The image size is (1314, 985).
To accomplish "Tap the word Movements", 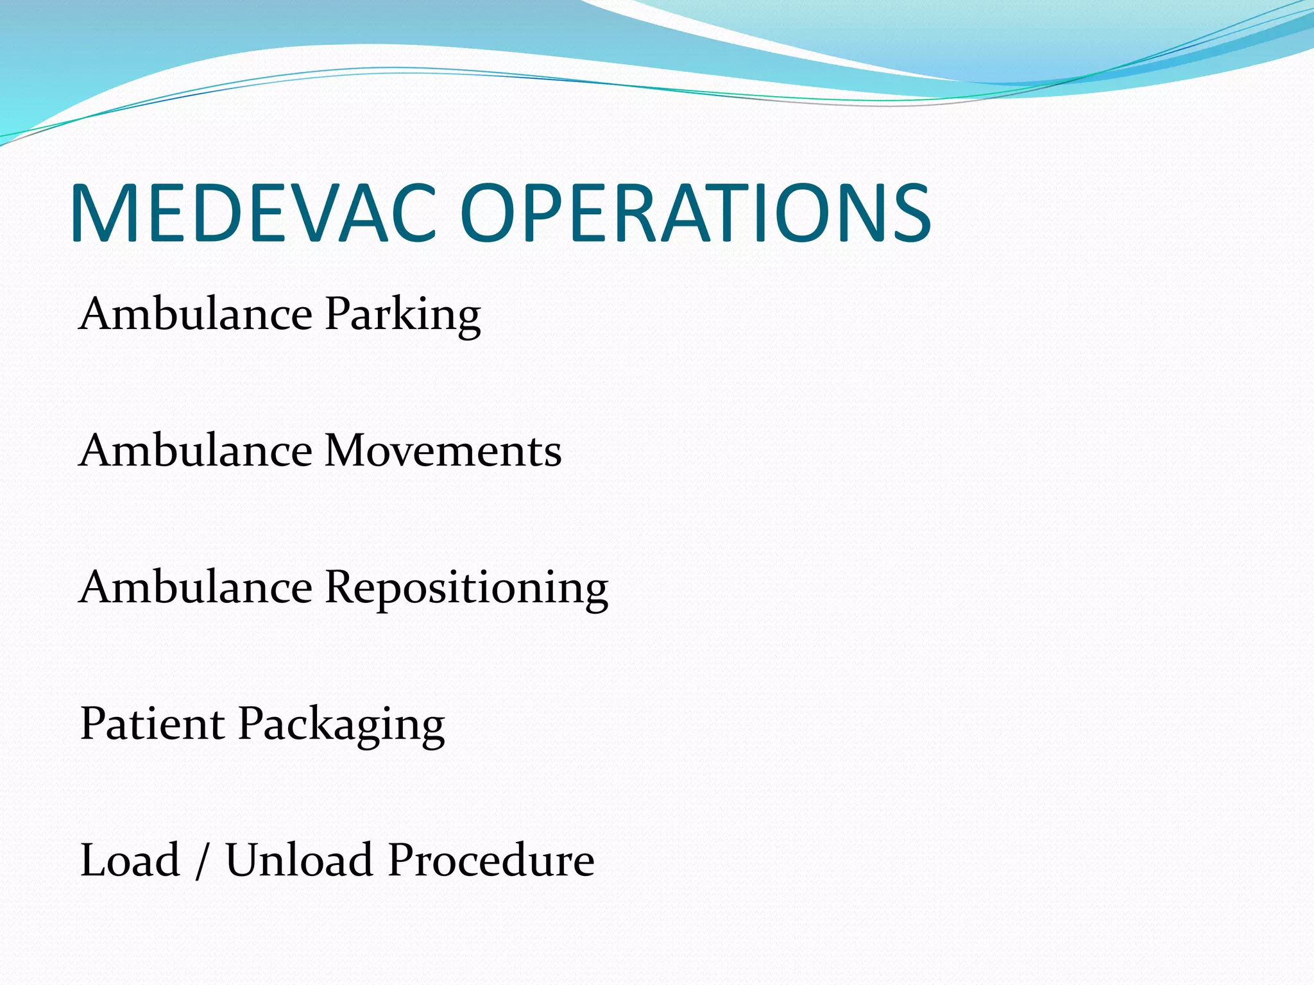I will coord(443,450).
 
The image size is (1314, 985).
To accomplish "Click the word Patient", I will coord(152,724).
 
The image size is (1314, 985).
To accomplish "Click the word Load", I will coord(130,860).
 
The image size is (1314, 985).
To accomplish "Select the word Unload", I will coord(299,860).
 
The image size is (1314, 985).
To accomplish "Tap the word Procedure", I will coord(491,860).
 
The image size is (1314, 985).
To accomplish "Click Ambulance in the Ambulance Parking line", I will coord(196,314).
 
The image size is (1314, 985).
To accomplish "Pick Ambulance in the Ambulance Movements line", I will coord(196,450).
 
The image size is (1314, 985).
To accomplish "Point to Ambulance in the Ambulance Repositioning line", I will coord(196,587).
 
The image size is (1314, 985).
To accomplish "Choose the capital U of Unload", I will coord(244,860).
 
